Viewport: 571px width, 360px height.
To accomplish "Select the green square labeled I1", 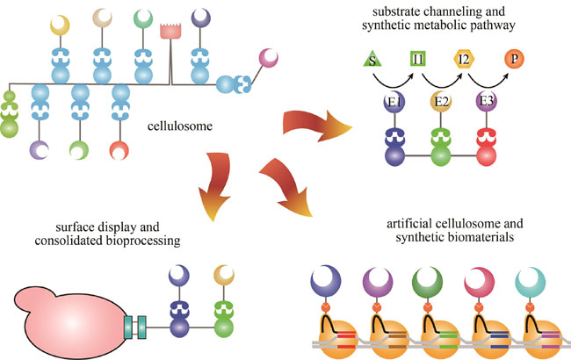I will click(x=418, y=61).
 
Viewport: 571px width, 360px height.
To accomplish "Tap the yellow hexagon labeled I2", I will click(x=463, y=61).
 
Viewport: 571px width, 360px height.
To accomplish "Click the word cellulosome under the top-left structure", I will click(x=182, y=128).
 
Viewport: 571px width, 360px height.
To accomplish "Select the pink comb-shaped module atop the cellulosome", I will click(x=170, y=31).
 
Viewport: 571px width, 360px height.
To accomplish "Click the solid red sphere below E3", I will click(x=488, y=165).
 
